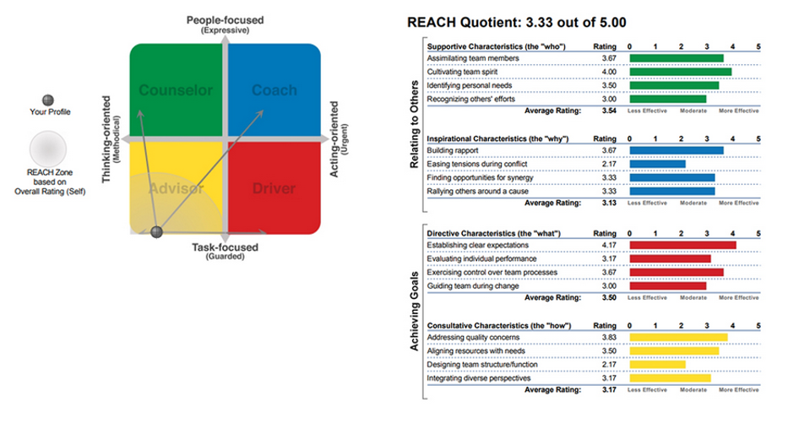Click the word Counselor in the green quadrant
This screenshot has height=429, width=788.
click(x=176, y=90)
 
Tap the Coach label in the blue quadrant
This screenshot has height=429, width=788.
click(x=274, y=90)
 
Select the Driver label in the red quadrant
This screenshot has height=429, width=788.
click(x=274, y=188)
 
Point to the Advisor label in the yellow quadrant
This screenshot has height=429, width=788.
click(x=177, y=188)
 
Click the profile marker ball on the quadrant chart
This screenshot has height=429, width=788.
click(x=157, y=231)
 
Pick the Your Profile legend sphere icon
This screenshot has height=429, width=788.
click(x=48, y=100)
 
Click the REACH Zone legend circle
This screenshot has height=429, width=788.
click(x=48, y=149)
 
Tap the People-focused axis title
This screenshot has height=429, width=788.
click(x=226, y=20)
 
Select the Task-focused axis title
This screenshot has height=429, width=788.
click(x=226, y=247)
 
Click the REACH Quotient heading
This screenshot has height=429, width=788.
click(x=517, y=23)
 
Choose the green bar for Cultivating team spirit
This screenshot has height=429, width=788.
click(x=681, y=72)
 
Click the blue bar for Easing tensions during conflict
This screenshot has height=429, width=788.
click(x=657, y=165)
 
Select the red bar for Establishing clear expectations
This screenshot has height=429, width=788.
click(x=683, y=245)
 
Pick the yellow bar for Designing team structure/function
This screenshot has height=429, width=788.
click(x=657, y=365)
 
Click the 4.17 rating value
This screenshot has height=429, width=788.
click(x=609, y=245)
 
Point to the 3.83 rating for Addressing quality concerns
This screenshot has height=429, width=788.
click(x=609, y=338)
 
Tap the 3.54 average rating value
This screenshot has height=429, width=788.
click(x=609, y=111)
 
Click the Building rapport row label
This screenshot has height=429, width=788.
click(x=453, y=150)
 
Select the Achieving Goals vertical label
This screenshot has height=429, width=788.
click(x=414, y=311)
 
